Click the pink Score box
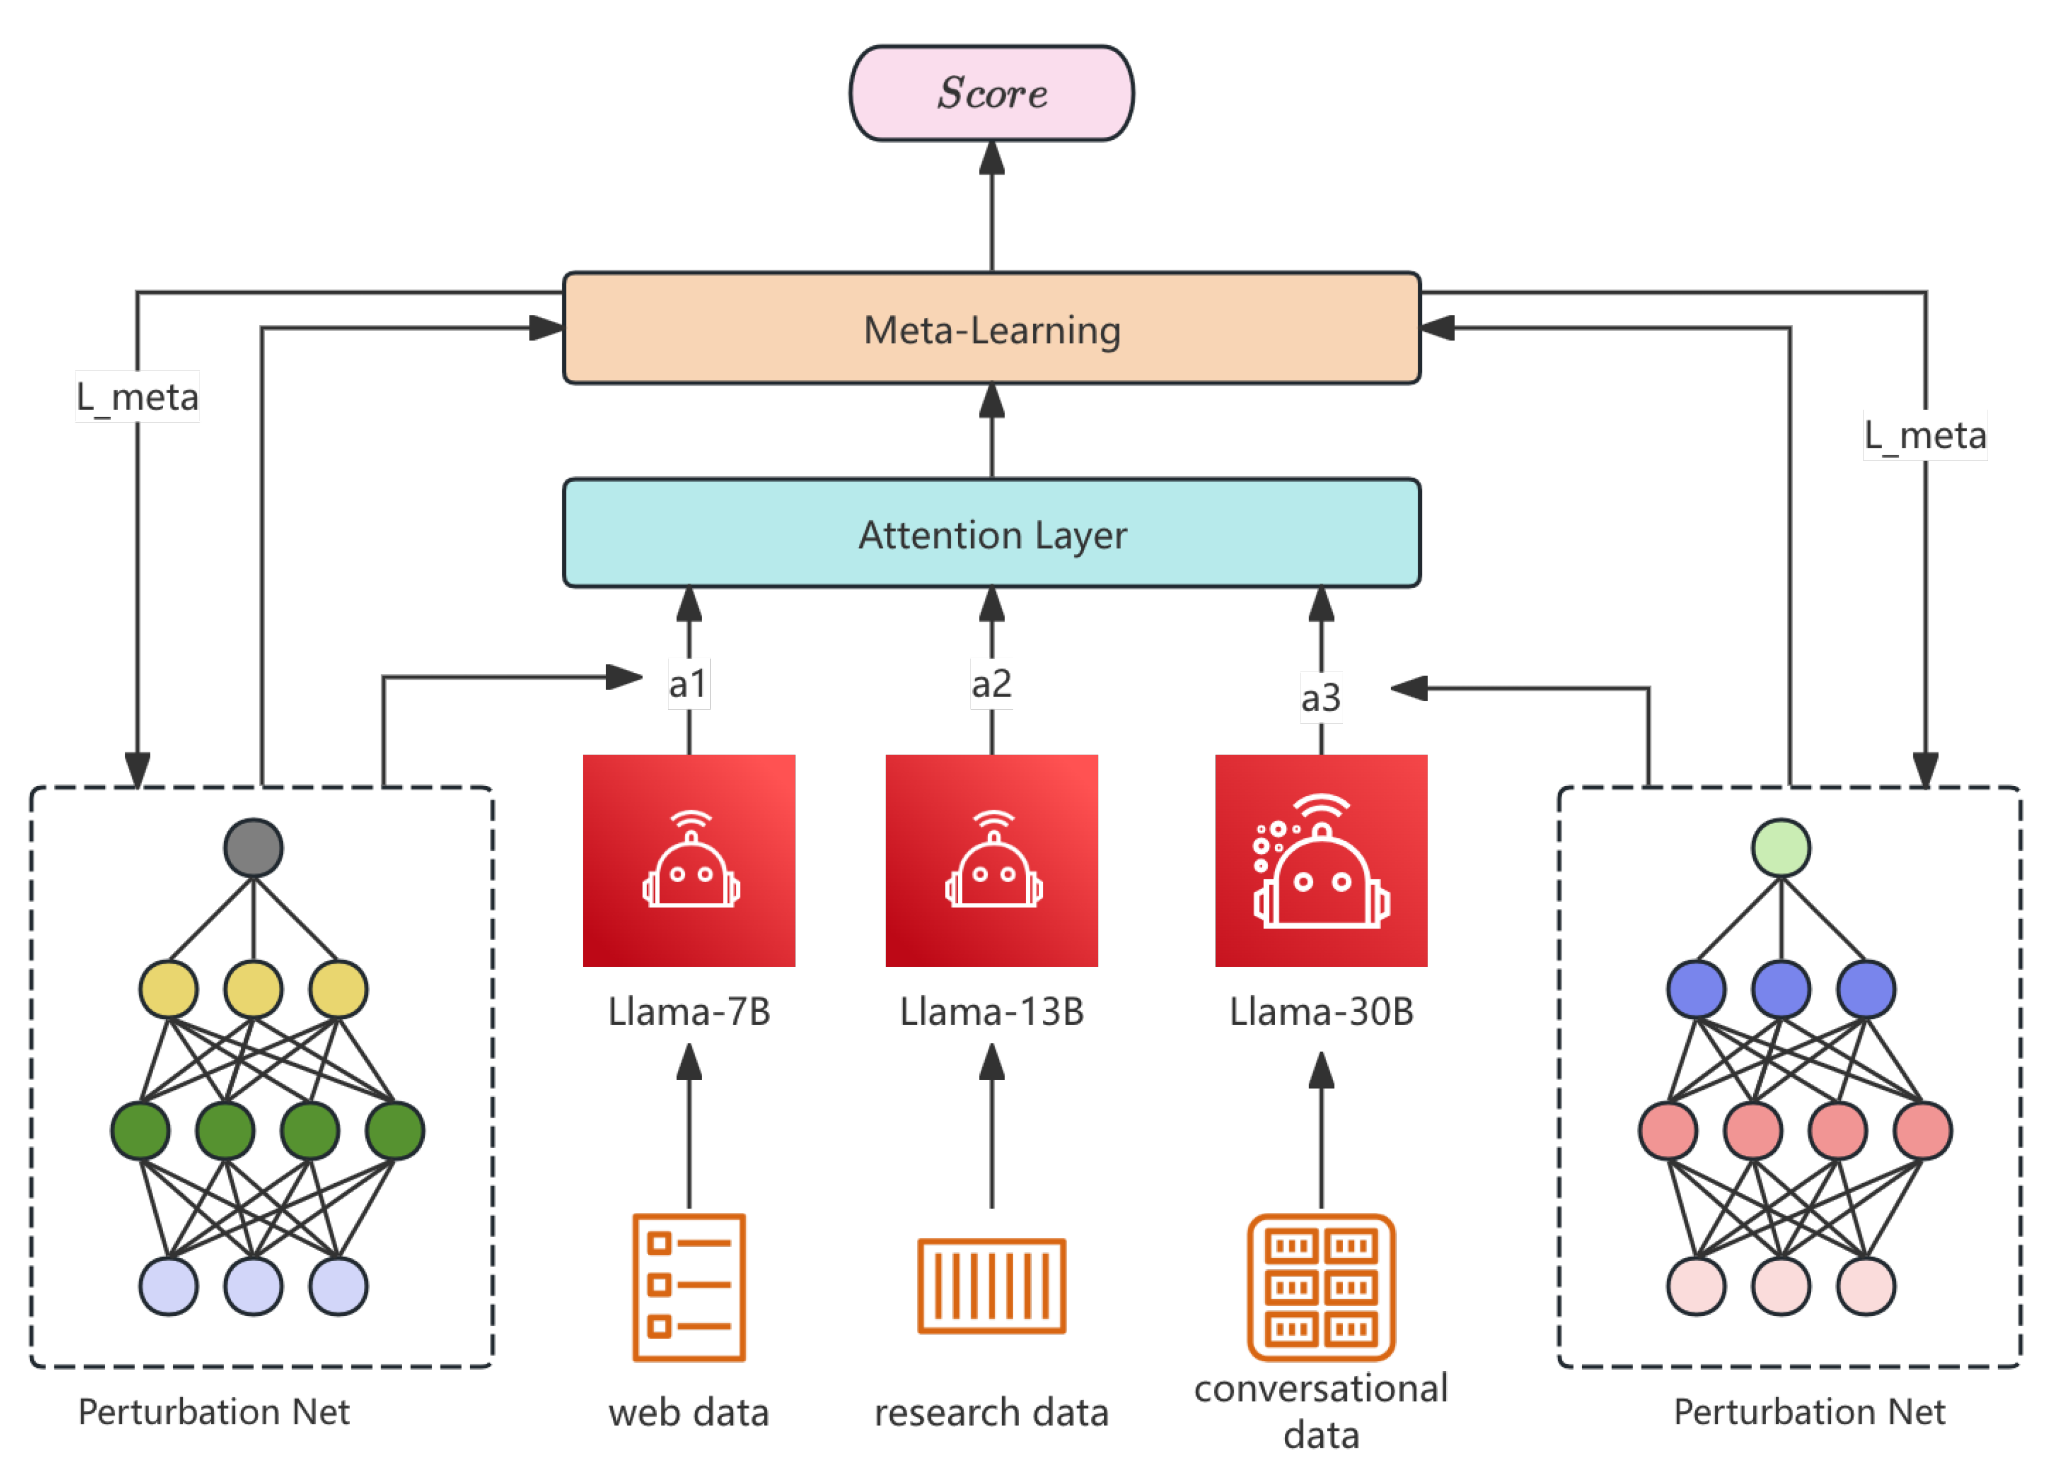(991, 93)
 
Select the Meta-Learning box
(991, 328)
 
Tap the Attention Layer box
(991, 534)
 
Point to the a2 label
(991, 683)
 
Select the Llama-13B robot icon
(991, 861)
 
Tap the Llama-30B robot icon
(1321, 861)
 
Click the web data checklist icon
(689, 1287)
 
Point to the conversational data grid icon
(1321, 1287)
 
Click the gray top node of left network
(253, 848)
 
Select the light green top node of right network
(1780, 848)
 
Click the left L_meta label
(138, 397)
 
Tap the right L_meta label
(1925, 436)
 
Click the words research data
(991, 1412)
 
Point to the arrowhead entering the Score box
(992, 157)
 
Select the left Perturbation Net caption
(214, 1411)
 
